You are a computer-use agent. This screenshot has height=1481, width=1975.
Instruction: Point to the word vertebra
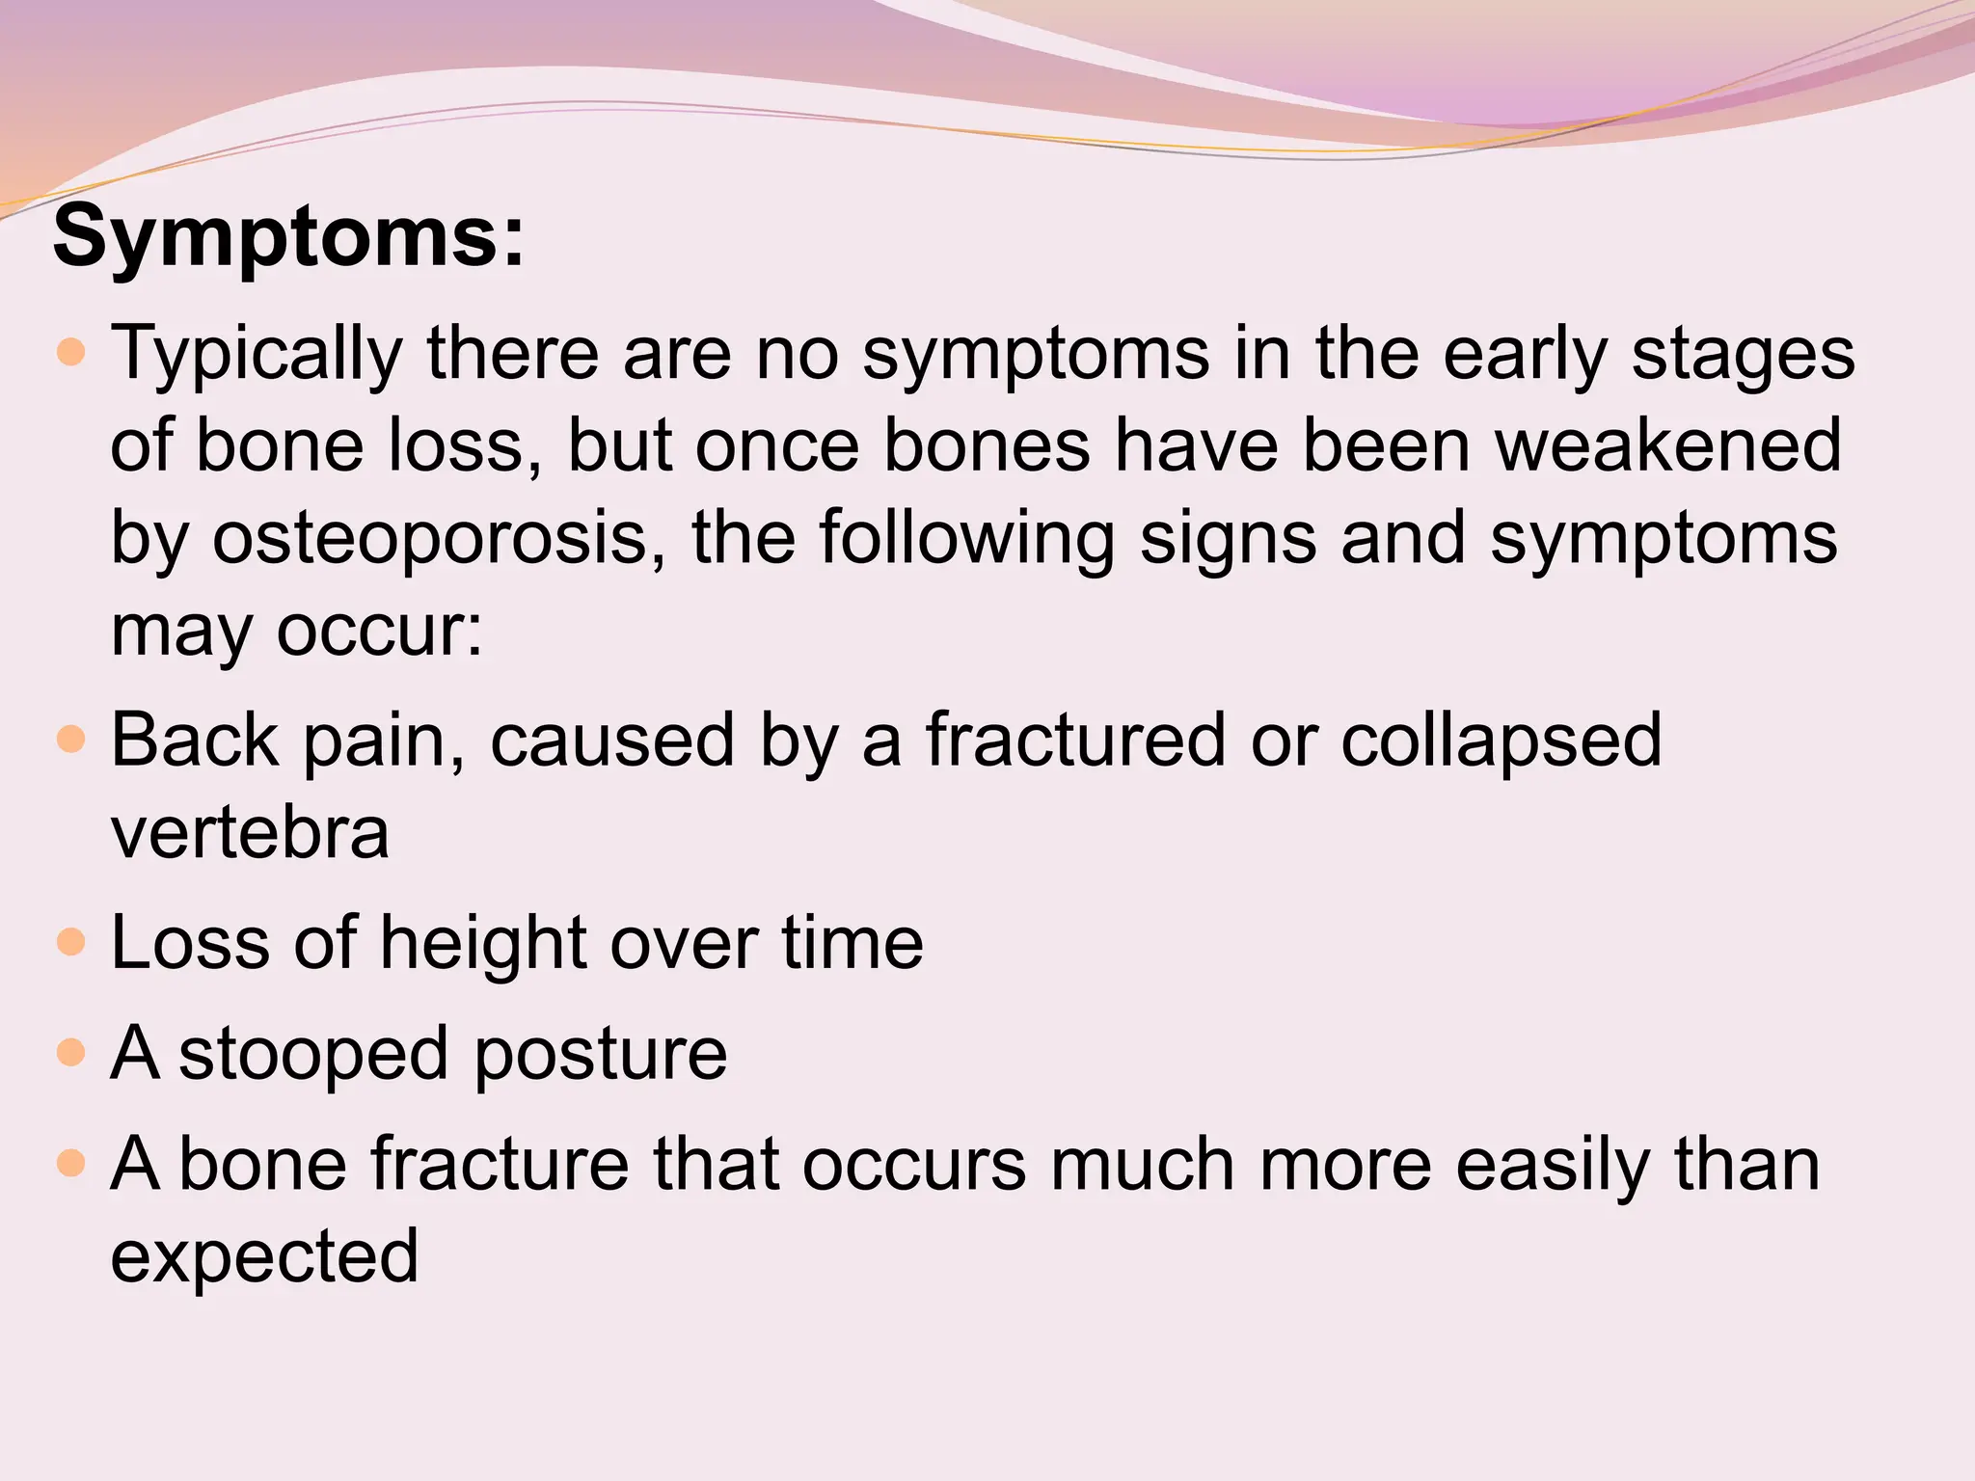pyautogui.click(x=250, y=833)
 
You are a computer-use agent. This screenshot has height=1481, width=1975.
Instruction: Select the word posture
pyautogui.click(x=601, y=1054)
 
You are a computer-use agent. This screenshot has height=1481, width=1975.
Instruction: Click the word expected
pyautogui.click(x=264, y=1257)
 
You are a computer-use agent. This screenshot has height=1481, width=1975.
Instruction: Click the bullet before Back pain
pyautogui.click(x=71, y=740)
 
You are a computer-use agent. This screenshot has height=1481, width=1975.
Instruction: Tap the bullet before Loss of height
pyautogui.click(x=71, y=942)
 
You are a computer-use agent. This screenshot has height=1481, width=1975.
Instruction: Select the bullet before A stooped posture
pyautogui.click(x=71, y=1052)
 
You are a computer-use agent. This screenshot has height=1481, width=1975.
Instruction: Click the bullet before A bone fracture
pyautogui.click(x=71, y=1164)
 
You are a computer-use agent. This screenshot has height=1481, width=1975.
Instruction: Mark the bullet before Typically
pyautogui.click(x=71, y=353)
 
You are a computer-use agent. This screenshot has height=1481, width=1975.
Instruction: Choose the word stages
pyautogui.click(x=1744, y=355)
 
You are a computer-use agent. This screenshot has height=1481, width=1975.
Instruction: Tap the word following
pyautogui.click(x=967, y=538)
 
